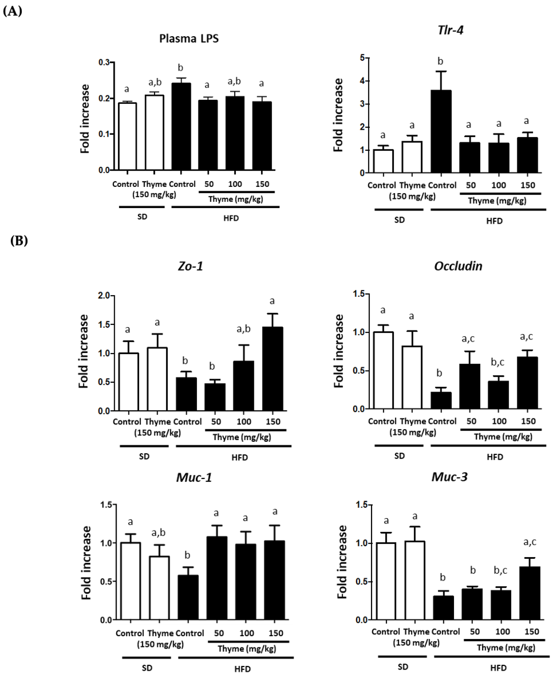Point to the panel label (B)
click(x=19, y=241)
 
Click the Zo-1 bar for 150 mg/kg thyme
click(x=272, y=369)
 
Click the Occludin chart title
click(x=458, y=266)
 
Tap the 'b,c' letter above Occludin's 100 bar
click(x=497, y=362)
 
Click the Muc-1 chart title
click(x=194, y=477)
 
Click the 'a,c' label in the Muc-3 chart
click(x=530, y=542)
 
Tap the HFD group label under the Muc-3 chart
click(x=498, y=668)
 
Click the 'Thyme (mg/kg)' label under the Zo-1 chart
click(x=242, y=437)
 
